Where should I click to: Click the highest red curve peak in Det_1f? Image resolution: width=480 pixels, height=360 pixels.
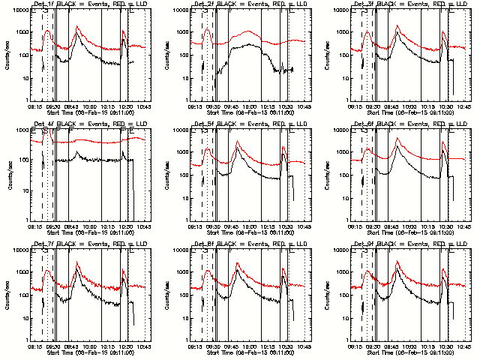[x=77, y=26]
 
